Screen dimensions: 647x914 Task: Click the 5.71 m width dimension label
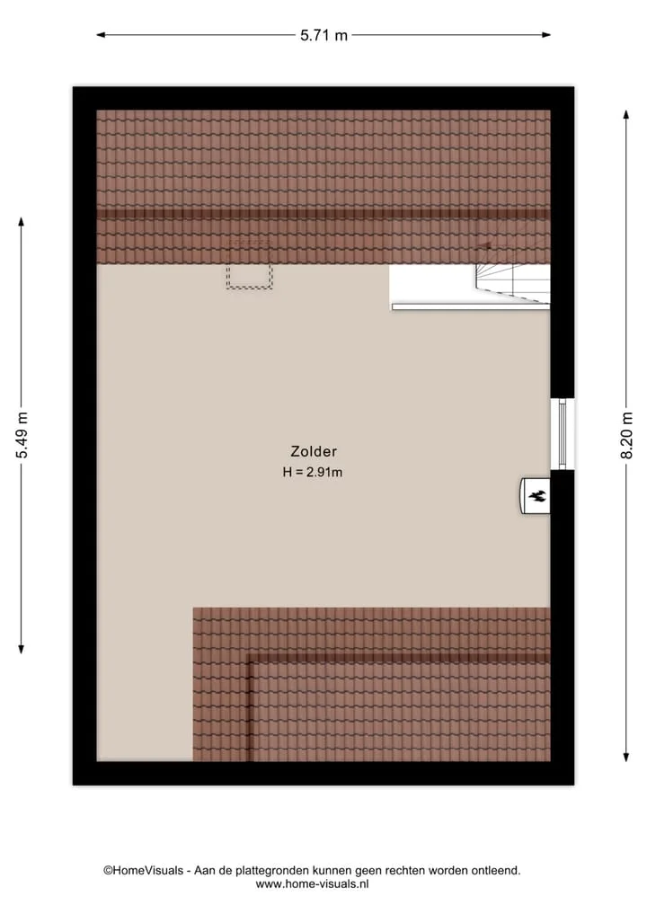point(323,36)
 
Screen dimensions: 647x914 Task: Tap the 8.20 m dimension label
point(626,436)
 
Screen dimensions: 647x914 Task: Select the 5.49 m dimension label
point(22,435)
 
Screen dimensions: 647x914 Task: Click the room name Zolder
point(314,451)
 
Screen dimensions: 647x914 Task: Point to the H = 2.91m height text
point(313,472)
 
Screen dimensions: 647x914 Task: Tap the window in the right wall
point(563,434)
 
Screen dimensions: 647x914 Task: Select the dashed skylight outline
point(250,263)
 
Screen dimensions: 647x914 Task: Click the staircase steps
point(512,274)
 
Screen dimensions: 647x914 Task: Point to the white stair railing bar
point(471,306)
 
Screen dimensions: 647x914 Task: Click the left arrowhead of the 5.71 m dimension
point(101,35)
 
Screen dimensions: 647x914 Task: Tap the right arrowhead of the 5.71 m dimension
point(546,35)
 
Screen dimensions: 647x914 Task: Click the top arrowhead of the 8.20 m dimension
point(626,114)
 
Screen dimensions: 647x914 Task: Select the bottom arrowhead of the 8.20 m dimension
point(626,758)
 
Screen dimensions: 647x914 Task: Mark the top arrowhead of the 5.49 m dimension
point(22,222)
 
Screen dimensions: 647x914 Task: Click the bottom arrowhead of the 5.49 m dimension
point(22,649)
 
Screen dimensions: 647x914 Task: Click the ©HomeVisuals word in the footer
point(144,871)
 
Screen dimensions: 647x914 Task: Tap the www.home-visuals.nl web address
point(313,884)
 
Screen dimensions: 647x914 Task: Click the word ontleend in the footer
point(496,871)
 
